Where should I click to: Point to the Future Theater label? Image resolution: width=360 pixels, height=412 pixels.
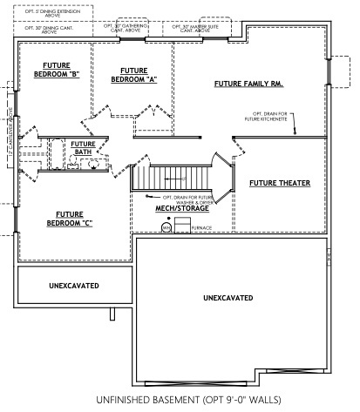274,184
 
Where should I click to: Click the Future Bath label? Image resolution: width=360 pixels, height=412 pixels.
83,148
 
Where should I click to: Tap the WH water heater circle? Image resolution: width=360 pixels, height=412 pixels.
165,228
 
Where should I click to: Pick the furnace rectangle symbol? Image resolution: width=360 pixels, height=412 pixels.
181,226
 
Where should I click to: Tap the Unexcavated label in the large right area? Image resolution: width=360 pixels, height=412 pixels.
228,297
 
